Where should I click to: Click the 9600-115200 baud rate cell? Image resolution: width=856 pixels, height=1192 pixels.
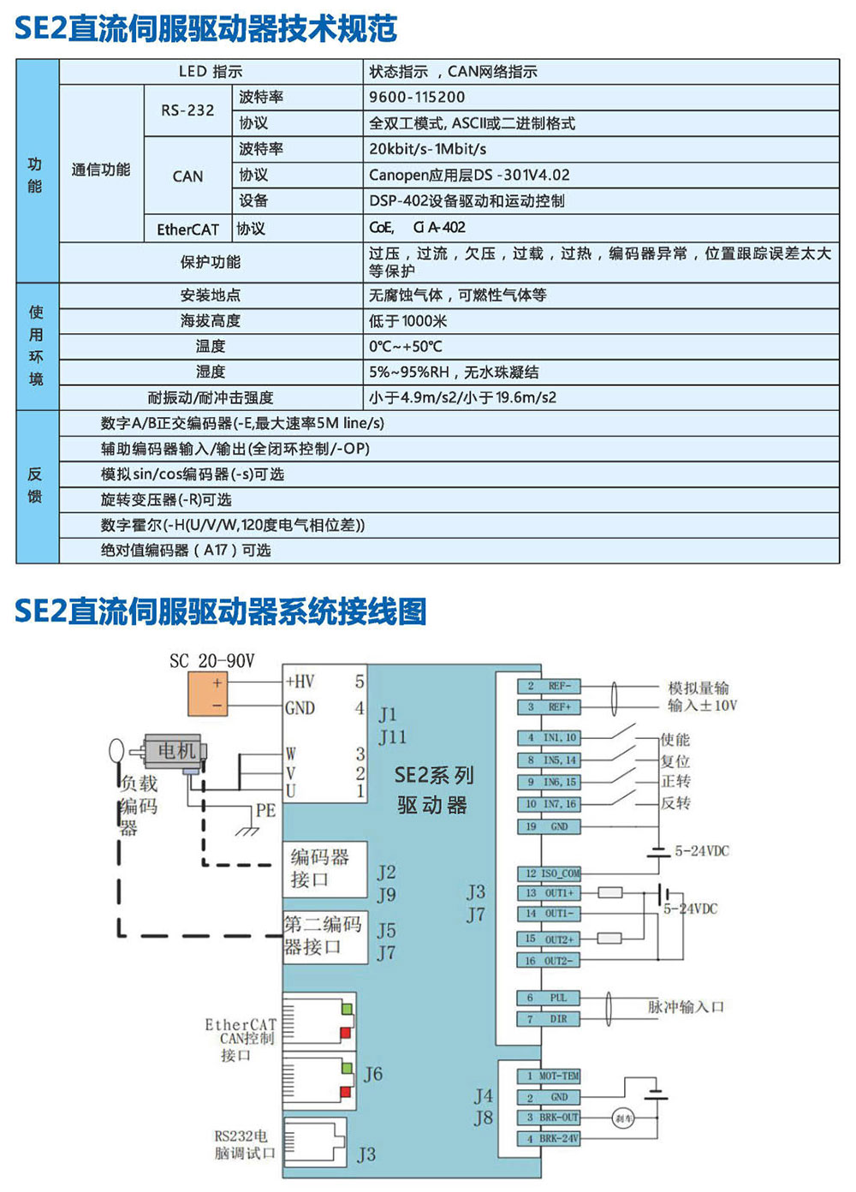tap(417, 98)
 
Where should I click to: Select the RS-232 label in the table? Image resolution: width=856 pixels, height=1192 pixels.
tap(187, 110)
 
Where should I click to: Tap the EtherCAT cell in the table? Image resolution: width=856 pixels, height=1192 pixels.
tap(187, 229)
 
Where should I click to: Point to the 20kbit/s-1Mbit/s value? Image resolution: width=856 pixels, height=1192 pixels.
tap(427, 149)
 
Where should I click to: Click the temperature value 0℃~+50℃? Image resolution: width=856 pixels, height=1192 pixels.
tap(406, 347)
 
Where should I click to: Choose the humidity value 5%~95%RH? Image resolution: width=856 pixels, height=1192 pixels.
tap(409, 372)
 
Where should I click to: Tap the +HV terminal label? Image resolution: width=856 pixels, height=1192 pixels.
tap(300, 682)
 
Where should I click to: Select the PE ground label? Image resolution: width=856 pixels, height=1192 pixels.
tap(265, 810)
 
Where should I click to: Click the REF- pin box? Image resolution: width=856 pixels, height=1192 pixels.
tap(549, 686)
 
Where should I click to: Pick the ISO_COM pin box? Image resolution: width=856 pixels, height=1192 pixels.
tap(549, 873)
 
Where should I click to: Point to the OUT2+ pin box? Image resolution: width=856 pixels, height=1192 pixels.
tap(549, 939)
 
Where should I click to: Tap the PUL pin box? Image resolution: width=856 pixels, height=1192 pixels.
tap(549, 998)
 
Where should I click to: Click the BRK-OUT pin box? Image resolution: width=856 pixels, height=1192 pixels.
tap(549, 1117)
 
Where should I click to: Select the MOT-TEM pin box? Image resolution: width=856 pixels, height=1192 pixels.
tap(549, 1076)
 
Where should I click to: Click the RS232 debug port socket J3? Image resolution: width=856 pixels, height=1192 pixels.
tap(316, 1140)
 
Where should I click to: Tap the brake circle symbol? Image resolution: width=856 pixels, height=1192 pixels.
tap(623, 1118)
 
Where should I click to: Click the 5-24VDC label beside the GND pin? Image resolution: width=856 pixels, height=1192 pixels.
tap(702, 851)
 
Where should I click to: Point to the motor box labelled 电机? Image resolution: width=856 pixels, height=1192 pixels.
tap(174, 751)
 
